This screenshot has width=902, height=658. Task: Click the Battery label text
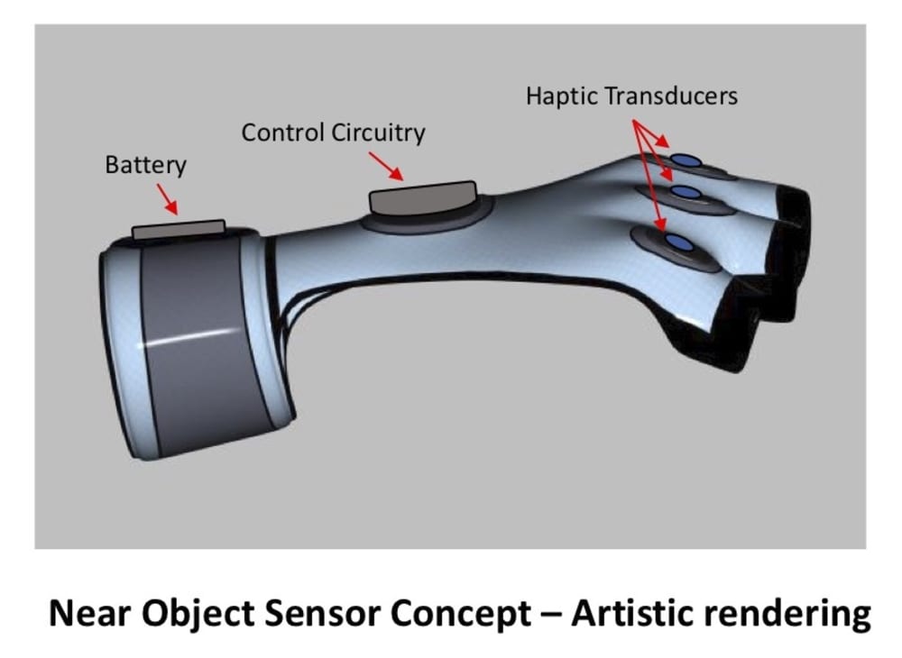[145, 166]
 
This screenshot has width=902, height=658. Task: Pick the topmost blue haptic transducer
[688, 160]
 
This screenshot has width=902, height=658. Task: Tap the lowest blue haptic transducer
[678, 242]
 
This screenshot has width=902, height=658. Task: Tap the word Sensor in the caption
[325, 615]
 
